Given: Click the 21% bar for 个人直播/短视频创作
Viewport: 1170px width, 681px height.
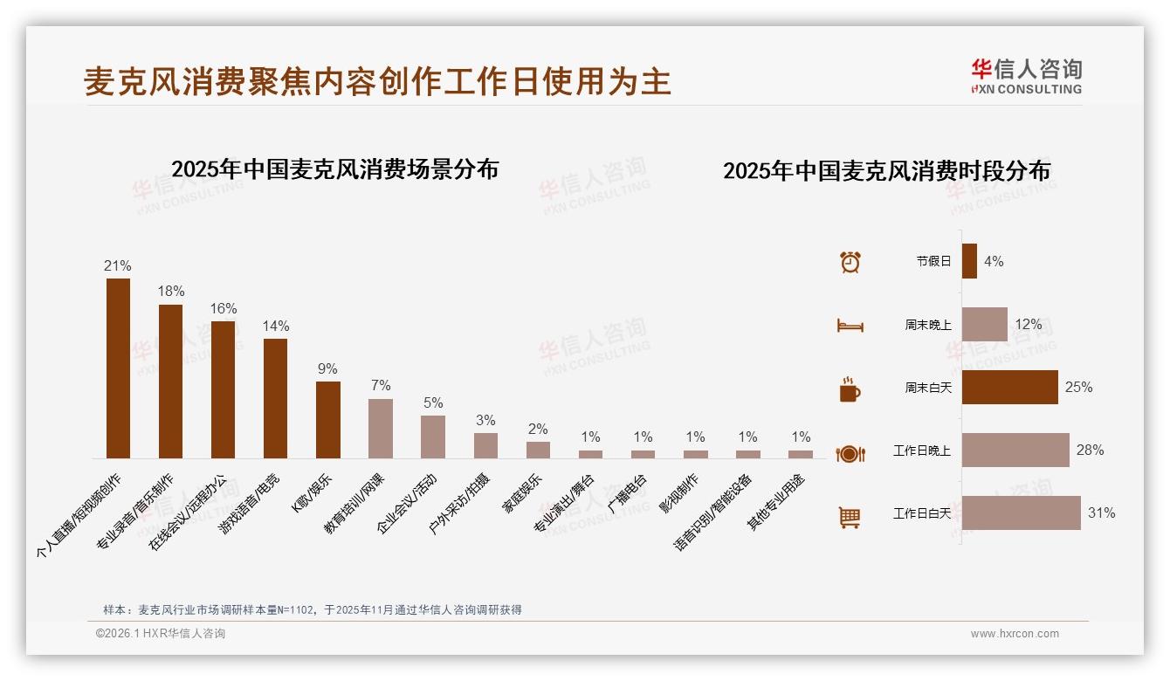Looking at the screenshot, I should (118, 368).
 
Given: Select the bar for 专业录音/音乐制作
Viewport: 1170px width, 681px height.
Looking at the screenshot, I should (170, 382).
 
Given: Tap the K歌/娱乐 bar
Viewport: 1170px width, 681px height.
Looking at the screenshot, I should (327, 420).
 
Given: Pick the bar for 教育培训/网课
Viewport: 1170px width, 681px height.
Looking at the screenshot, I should (380, 429).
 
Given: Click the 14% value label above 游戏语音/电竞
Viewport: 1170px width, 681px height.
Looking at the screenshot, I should (276, 326).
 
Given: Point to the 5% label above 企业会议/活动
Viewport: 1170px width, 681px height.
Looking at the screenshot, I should (433, 402).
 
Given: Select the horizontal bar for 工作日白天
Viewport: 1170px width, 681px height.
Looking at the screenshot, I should (1021, 513).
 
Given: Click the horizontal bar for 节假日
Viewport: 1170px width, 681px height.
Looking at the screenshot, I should (969, 261).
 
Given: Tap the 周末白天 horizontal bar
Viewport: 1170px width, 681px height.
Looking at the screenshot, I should (1009, 387).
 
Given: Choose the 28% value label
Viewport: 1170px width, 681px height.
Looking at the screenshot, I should (1090, 451).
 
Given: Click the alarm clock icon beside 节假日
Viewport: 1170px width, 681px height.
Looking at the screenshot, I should (850, 261).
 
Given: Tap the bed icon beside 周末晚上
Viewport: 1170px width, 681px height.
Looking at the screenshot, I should (850, 325).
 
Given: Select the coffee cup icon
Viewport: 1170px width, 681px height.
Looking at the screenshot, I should (850, 389).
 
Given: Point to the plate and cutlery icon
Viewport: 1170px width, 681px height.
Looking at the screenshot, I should (850, 453).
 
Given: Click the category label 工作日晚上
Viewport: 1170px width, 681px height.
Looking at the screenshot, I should (921, 451).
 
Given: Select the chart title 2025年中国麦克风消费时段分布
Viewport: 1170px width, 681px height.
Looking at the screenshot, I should (886, 170).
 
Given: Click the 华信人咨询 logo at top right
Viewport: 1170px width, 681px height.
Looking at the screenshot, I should (1026, 76).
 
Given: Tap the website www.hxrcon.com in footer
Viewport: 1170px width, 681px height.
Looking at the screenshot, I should (1015, 634).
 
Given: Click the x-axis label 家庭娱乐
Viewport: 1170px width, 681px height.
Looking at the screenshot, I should (522, 493).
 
